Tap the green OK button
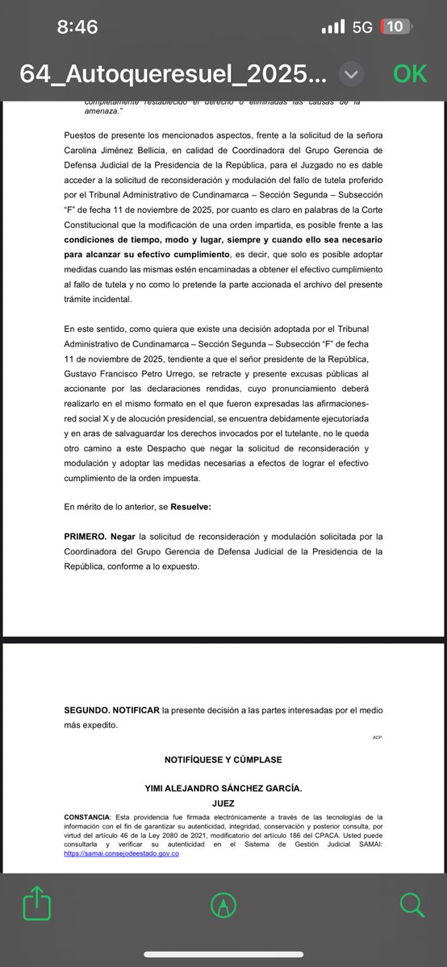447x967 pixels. click(x=410, y=73)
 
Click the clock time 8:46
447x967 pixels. click(x=77, y=27)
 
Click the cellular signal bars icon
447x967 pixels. click(x=332, y=27)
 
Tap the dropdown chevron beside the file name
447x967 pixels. click(x=350, y=74)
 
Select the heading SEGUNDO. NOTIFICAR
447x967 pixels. click(x=111, y=711)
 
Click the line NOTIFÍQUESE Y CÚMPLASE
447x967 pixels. click(x=223, y=760)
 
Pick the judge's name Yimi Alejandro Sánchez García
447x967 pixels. click(x=223, y=789)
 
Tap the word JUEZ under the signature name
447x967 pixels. click(x=223, y=803)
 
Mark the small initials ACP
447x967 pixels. click(x=377, y=737)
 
